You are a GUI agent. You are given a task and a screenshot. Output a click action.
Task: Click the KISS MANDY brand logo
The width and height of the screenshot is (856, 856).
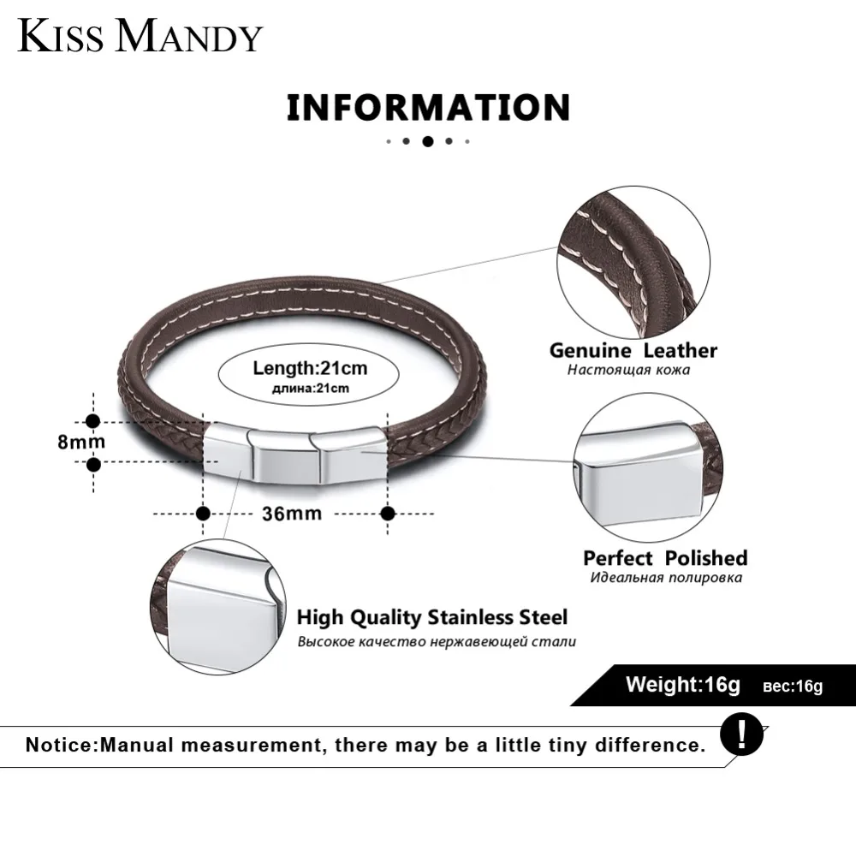[140, 36]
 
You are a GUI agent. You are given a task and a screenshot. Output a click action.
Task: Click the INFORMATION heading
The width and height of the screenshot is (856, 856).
[429, 108]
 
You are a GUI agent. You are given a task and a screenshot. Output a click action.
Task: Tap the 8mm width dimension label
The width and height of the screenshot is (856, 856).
[81, 442]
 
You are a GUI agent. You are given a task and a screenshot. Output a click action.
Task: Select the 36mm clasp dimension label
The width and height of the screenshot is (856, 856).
[292, 514]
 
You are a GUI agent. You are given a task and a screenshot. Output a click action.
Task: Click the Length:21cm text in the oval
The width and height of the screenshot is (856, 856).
[310, 368]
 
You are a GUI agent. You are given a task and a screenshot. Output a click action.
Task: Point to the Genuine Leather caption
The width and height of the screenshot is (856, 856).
[633, 350]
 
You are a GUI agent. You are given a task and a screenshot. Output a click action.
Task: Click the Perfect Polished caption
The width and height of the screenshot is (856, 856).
[665, 558]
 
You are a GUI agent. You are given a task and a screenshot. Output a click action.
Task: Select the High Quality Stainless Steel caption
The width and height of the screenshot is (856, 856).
[431, 617]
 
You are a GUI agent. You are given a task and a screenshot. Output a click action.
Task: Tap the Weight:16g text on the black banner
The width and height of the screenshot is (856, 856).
[683, 685]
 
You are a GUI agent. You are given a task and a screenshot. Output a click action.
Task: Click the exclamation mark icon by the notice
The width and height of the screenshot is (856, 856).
[741, 734]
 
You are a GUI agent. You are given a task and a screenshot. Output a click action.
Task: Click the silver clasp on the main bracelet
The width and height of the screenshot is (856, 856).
[296, 455]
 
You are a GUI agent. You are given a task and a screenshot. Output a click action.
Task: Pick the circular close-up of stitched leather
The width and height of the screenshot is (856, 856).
[633, 263]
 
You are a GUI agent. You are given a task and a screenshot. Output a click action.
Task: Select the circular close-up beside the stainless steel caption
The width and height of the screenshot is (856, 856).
[217, 607]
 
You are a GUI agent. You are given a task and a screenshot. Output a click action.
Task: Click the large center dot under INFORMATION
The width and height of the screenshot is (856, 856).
[428, 141]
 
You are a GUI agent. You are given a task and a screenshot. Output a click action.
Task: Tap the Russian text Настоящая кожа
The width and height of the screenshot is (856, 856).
[628, 370]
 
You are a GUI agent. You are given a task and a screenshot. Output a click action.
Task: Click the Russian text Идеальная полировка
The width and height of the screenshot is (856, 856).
[666, 578]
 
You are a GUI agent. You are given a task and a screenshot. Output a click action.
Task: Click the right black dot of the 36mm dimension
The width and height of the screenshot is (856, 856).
[388, 514]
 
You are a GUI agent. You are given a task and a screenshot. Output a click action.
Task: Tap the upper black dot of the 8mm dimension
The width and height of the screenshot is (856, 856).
[93, 421]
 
